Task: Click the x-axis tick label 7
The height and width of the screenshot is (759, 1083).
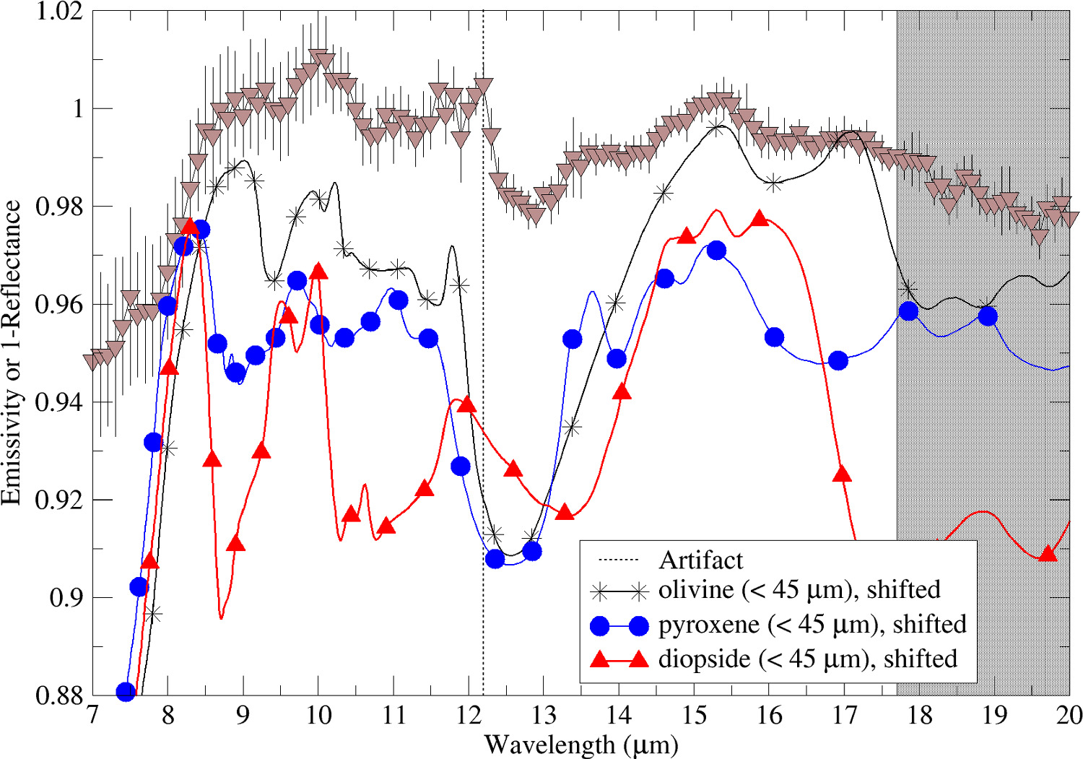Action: click(92, 715)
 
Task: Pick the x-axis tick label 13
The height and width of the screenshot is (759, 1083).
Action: click(544, 715)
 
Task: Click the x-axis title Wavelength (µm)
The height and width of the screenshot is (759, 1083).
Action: click(581, 744)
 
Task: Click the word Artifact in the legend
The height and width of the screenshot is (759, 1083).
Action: click(700, 560)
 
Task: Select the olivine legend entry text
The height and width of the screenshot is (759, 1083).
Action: click(799, 590)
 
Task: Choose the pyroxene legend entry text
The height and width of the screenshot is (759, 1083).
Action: click(812, 625)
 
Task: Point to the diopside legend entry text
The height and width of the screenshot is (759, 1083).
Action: click(807, 659)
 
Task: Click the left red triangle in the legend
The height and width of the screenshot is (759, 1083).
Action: click(600, 659)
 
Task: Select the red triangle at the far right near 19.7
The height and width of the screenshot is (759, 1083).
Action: click(1048, 553)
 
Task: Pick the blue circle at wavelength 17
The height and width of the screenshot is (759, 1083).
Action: click(838, 360)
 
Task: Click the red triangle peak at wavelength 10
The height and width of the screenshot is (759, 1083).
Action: click(318, 272)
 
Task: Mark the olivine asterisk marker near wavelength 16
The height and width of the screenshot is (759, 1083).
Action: click(774, 183)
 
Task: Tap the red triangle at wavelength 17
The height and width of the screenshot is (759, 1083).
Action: click(842, 474)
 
